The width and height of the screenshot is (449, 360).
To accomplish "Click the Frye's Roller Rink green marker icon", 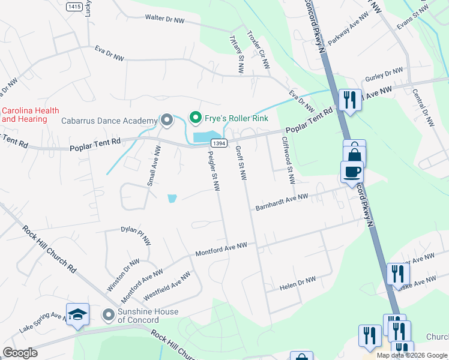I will (x=194, y=118).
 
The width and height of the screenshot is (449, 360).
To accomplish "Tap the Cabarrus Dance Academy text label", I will (x=109, y=121).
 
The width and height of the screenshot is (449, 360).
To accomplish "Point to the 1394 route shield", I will (x=218, y=142).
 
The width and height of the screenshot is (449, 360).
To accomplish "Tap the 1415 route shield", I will (x=74, y=6).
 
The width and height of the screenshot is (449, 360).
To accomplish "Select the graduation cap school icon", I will (x=77, y=315).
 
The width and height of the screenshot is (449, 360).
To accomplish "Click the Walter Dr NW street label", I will (x=164, y=19).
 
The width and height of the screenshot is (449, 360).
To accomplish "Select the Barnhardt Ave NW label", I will (x=282, y=201).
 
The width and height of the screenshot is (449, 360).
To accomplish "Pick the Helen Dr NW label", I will (x=298, y=284).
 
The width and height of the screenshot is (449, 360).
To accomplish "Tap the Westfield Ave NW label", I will (x=167, y=287).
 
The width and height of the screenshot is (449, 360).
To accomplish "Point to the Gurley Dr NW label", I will (x=384, y=76).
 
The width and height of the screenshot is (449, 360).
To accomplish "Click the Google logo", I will (x=20, y=353).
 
